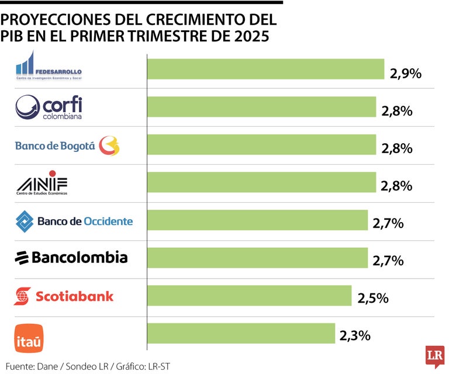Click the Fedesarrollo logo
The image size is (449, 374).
[x=49, y=67]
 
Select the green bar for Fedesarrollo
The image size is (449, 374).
[x=265, y=69]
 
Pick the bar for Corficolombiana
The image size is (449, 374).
[x=261, y=107]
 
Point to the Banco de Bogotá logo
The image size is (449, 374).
[x=67, y=146]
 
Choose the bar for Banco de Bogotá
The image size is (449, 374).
[x=261, y=145]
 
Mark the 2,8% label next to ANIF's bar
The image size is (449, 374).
[x=397, y=186]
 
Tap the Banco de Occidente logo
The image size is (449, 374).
[x=74, y=221]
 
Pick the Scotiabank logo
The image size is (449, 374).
[x=64, y=296]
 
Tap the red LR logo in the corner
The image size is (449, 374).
[x=434, y=356]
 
